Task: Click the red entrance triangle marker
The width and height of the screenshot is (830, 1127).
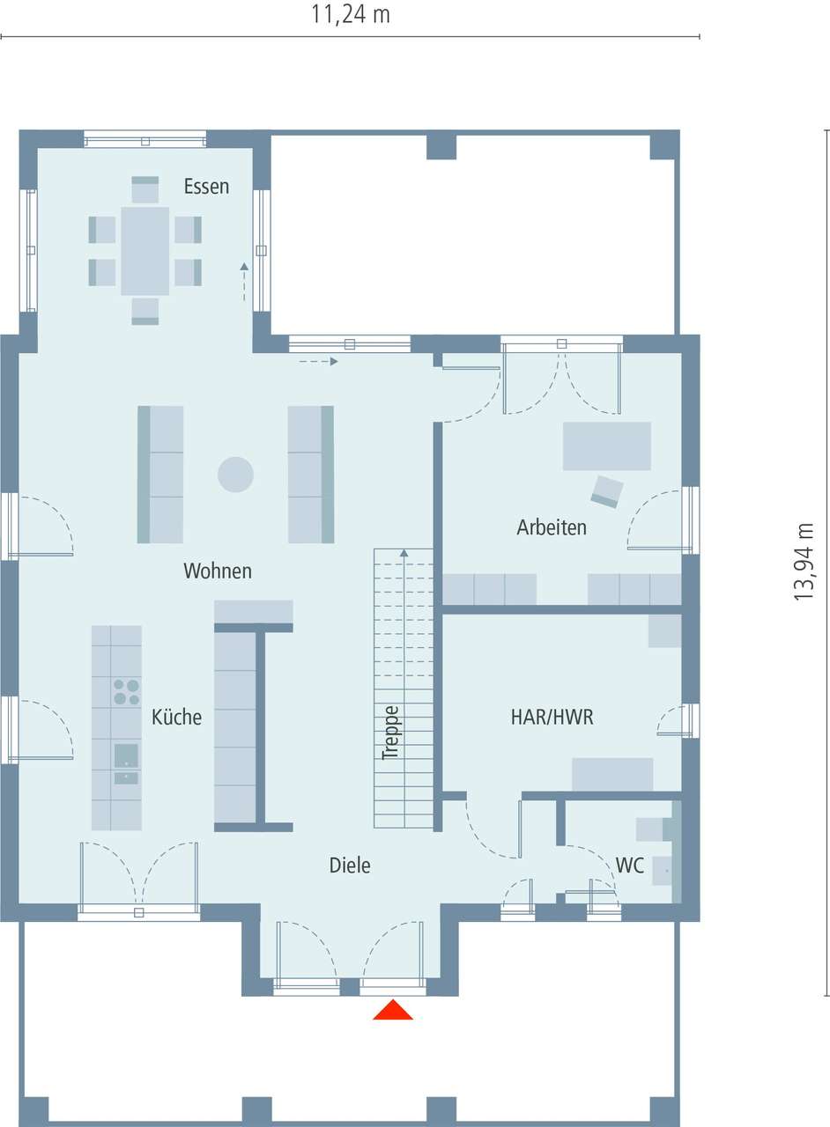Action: click(x=393, y=1010)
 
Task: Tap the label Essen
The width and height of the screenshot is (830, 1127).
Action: click(x=206, y=187)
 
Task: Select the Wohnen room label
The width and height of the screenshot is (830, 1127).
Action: click(x=218, y=571)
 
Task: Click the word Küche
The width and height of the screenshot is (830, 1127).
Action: click(x=176, y=718)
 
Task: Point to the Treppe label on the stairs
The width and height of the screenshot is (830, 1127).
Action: click(x=390, y=733)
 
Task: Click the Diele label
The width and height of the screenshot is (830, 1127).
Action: click(x=350, y=866)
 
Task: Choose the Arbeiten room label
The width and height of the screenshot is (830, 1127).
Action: click(x=552, y=528)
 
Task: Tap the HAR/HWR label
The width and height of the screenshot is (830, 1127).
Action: click(x=552, y=718)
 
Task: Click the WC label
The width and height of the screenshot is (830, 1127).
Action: click(x=630, y=866)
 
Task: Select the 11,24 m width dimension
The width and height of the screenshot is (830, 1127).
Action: click(x=350, y=15)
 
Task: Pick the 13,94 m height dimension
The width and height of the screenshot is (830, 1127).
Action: click(x=803, y=562)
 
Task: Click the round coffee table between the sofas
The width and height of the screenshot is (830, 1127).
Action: click(x=236, y=475)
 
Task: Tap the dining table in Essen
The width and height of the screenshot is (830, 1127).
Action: click(x=145, y=251)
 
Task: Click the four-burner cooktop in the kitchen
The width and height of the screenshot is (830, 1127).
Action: click(x=126, y=692)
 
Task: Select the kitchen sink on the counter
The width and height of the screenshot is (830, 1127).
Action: click(x=126, y=755)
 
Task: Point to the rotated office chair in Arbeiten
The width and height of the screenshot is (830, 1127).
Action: click(x=607, y=490)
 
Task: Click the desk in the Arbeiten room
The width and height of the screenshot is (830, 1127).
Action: click(x=607, y=446)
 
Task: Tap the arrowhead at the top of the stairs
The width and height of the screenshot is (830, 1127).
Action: click(x=404, y=553)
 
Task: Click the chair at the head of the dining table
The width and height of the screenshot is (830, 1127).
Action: click(x=145, y=190)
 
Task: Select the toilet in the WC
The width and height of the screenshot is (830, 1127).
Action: click(x=652, y=829)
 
